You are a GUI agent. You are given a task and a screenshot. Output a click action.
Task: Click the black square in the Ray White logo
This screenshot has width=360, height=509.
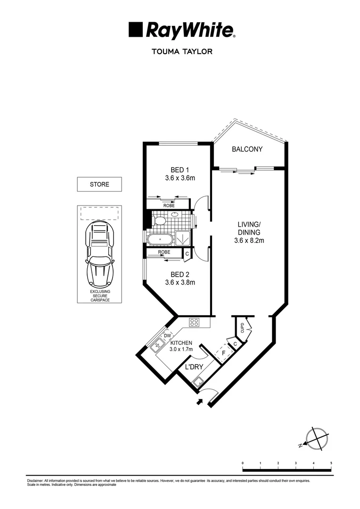pos(136,30)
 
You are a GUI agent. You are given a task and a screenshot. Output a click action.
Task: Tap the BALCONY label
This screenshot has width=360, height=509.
pos(247,149)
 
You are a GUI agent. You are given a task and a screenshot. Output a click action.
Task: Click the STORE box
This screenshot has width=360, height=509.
pos(99,184)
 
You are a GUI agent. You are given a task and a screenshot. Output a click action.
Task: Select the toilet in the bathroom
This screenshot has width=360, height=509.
pos(159,220)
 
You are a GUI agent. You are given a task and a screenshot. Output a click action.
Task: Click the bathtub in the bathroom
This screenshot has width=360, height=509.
pos(161,239)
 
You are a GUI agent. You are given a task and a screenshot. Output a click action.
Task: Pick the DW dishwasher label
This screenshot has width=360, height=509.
pos(167,335)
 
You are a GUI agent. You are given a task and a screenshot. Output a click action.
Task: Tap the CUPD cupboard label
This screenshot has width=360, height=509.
pos(242,327)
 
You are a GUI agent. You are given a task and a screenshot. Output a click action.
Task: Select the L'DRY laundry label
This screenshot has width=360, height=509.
pos(193,366)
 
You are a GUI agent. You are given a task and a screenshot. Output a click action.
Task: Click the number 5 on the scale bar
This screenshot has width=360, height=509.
pos(331,463)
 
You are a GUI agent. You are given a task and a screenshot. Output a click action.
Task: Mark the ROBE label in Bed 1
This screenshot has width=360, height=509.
pos(169,205)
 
